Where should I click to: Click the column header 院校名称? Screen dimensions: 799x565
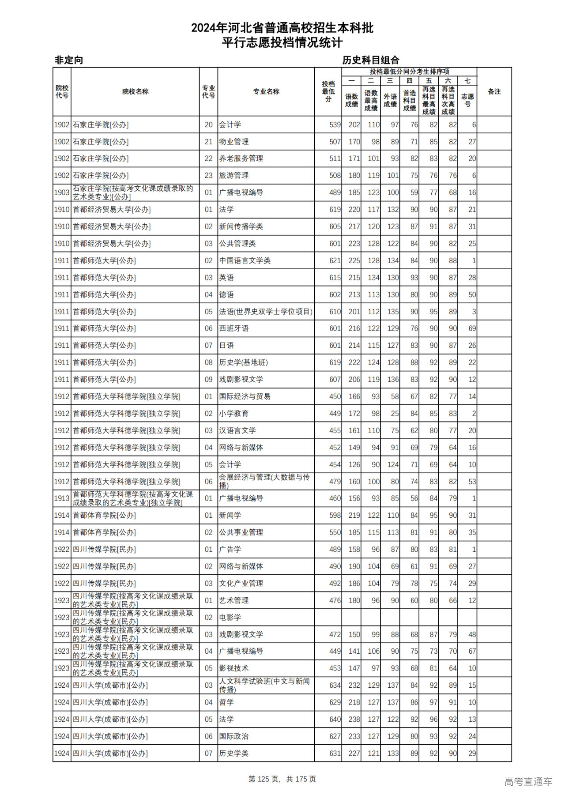click(135, 91)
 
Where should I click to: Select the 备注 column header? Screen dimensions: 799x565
click(494, 91)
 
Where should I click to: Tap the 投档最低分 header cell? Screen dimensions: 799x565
click(328, 91)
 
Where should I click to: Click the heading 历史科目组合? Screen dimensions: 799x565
click(371, 60)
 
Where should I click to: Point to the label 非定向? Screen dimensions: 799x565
click(69, 60)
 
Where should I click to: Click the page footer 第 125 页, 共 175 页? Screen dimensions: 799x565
click(282, 779)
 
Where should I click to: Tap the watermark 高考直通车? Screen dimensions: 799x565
click(528, 781)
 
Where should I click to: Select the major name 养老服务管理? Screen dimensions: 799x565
click(241, 158)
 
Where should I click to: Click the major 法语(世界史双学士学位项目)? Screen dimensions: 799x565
click(266, 312)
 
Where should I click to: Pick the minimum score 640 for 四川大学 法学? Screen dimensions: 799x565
click(335, 720)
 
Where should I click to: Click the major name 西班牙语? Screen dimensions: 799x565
click(234, 328)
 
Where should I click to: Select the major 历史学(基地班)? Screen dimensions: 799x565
click(243, 362)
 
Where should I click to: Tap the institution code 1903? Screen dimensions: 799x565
click(62, 192)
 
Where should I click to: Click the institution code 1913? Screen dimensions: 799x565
click(62, 498)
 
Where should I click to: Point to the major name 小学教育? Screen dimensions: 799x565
click(234, 414)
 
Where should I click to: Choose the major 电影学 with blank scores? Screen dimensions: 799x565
click(230, 618)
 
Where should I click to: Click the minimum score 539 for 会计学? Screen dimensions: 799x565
click(335, 125)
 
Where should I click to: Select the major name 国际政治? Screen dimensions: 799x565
click(234, 736)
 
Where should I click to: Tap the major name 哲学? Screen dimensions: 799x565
click(226, 702)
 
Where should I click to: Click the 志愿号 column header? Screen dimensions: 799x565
click(467, 100)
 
